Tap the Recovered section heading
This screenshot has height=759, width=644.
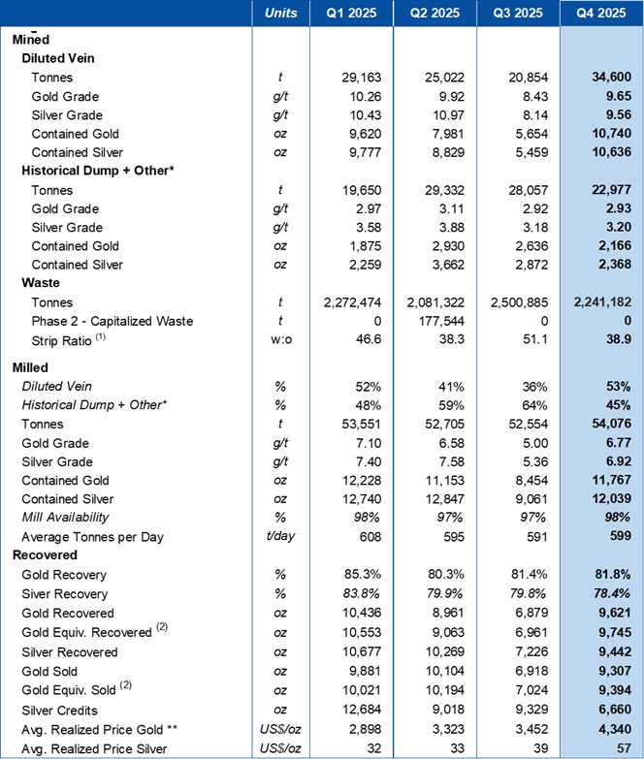pyautogui.click(x=44, y=555)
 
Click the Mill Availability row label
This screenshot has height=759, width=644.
pyautogui.click(x=74, y=518)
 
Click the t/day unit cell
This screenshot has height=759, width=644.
pyautogui.click(x=278, y=537)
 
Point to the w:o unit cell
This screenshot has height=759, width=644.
pyautogui.click(x=278, y=338)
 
